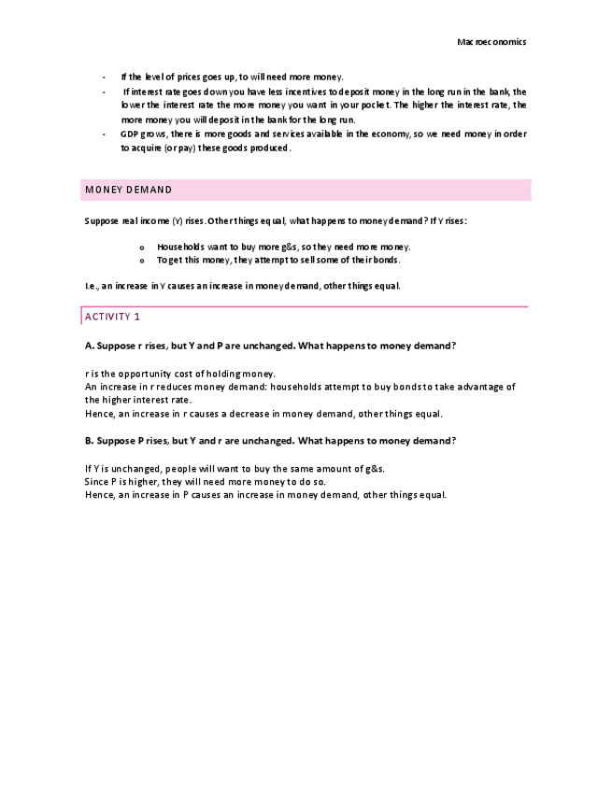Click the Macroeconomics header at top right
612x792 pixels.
[491, 42]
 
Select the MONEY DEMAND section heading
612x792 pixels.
[129, 190]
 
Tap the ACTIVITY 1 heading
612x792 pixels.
[112, 317]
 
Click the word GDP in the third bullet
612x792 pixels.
[129, 134]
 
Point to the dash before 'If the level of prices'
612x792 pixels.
[104, 77]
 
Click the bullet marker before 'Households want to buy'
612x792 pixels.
[141, 247]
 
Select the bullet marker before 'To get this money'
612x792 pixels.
[141, 260]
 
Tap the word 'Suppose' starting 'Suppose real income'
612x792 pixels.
[100, 220]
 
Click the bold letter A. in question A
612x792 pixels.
[89, 346]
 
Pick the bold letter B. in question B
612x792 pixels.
[89, 441]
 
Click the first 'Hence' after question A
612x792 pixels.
[98, 414]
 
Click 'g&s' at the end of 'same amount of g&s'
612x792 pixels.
[374, 468]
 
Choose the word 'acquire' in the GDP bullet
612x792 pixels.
[149, 148]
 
